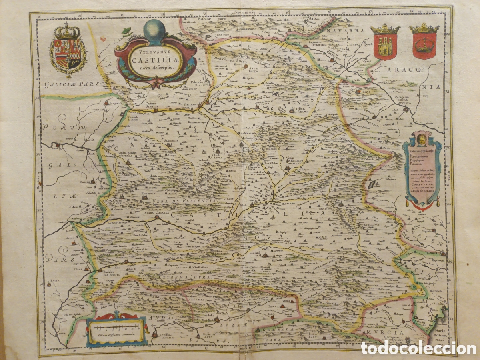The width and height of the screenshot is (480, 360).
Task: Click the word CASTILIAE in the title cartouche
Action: click(156, 60)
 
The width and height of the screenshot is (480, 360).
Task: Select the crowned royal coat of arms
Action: click(67, 50)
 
